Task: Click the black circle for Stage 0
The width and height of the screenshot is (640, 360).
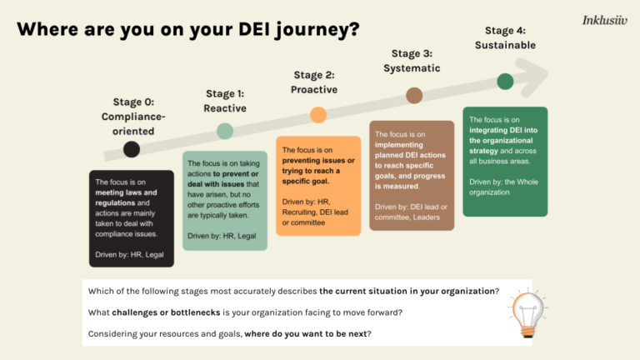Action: click(x=131, y=150)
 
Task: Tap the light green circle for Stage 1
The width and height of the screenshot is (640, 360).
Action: click(x=225, y=131)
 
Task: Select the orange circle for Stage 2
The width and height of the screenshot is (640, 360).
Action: click(x=318, y=115)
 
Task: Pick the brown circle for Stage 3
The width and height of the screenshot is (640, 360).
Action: click(x=414, y=96)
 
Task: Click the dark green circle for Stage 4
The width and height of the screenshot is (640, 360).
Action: click(x=505, y=81)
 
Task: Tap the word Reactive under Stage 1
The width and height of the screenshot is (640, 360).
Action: click(x=225, y=108)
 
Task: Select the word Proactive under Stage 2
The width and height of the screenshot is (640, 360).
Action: click(x=314, y=90)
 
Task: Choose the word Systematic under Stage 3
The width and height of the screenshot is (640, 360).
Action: click(x=412, y=68)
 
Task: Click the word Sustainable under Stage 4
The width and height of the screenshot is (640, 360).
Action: click(x=505, y=45)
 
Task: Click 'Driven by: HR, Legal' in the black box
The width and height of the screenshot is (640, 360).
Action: click(x=129, y=253)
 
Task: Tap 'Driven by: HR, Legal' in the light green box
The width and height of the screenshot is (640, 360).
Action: click(x=222, y=236)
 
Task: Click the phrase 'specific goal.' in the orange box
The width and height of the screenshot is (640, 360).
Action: click(x=306, y=181)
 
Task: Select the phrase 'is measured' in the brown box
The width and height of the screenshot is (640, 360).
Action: click(x=397, y=187)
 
